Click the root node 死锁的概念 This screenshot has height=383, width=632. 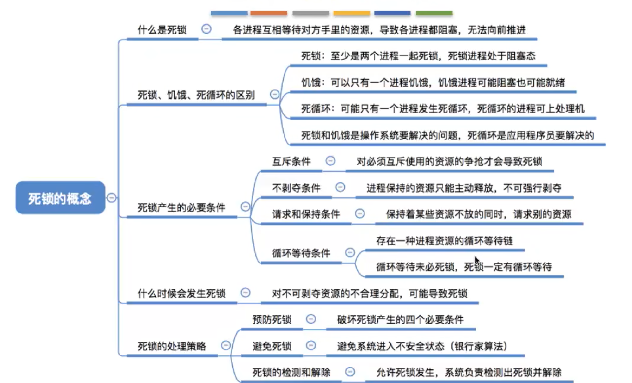click(x=60, y=198)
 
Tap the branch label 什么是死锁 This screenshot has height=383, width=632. click(x=162, y=30)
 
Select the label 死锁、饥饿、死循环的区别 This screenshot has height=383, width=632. click(x=196, y=95)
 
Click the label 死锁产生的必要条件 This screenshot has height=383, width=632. click(x=181, y=208)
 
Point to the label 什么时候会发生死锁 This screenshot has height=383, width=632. click(x=181, y=293)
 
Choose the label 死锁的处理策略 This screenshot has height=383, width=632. click(x=171, y=346)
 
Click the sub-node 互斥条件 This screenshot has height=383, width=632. click(x=291, y=162)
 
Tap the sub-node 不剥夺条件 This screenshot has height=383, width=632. click(x=296, y=188)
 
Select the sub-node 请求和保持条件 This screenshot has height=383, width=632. click(x=306, y=214)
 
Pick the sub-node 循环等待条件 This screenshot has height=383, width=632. click(x=301, y=253)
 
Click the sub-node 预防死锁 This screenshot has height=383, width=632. click(x=272, y=319)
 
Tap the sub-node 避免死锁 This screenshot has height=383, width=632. click(x=272, y=346)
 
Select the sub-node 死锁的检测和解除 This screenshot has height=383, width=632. click(x=291, y=372)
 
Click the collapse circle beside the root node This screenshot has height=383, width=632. click(x=111, y=198)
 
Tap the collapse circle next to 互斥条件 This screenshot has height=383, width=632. click(x=330, y=161)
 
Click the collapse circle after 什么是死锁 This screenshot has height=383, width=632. click(x=206, y=29)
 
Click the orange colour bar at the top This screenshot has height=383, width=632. click(x=269, y=13)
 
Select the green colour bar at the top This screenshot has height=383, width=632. click(x=434, y=13)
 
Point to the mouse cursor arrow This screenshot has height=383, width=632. click(x=477, y=261)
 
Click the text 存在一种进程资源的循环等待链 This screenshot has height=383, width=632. click(x=444, y=241)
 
